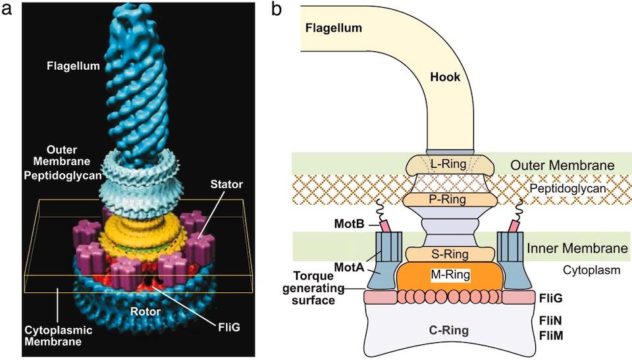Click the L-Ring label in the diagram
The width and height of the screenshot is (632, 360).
(x=448, y=164)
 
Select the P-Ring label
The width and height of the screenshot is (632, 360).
(x=448, y=199)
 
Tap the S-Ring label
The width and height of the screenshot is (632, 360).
(x=450, y=255)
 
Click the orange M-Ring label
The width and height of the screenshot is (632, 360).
(x=450, y=275)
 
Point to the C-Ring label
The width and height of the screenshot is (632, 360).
(x=448, y=330)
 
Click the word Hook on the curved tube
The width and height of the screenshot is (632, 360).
(x=445, y=77)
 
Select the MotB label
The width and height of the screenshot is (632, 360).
(x=349, y=224)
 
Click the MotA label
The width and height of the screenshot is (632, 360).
(x=349, y=267)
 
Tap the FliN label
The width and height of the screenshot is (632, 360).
(x=550, y=321)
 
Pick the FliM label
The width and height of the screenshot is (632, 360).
(x=551, y=336)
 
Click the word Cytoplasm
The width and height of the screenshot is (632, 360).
(x=591, y=270)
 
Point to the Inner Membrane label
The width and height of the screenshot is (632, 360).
(x=577, y=248)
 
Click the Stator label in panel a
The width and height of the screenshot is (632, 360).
(x=226, y=185)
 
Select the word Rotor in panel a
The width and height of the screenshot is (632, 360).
(x=145, y=311)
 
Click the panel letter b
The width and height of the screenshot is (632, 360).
(x=276, y=10)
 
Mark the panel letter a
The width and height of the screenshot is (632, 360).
(x=7, y=9)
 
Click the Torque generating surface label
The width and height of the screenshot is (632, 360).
(x=313, y=288)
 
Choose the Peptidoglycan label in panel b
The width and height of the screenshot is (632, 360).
(x=567, y=189)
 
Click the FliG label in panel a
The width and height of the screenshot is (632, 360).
(x=229, y=327)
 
